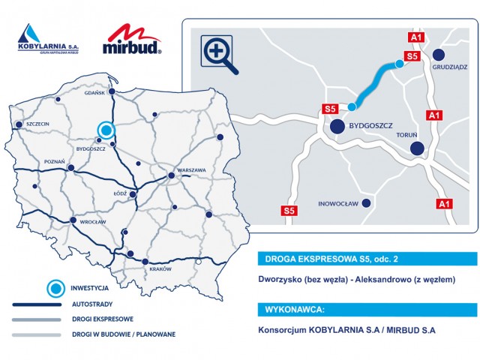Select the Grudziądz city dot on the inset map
tap(439, 53)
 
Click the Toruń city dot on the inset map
tap(416, 148)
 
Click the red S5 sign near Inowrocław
tap(289, 211)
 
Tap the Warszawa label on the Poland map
tap(191, 170)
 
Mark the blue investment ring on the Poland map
tap(105, 130)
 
